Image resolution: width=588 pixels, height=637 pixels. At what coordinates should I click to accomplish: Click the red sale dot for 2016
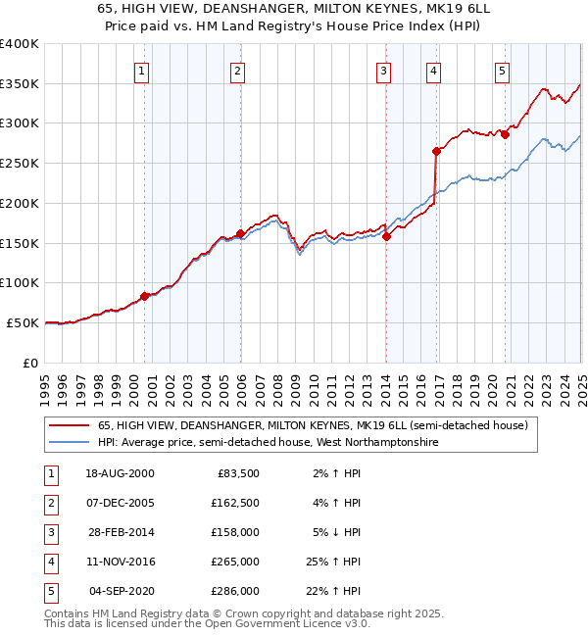coord(435,151)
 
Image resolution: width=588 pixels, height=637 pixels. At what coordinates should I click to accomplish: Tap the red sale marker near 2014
coord(386,236)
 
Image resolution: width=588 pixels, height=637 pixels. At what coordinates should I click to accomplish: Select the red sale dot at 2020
coord(505,135)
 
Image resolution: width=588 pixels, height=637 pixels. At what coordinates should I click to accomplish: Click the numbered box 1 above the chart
coord(143,71)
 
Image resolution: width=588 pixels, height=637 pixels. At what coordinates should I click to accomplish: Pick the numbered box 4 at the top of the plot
coord(432,71)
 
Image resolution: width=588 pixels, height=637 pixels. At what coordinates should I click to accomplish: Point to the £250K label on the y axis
coord(20,163)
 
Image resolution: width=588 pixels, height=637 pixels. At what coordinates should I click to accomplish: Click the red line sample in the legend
coord(70,425)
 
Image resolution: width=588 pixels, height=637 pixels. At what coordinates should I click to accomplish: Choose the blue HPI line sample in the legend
coord(70,443)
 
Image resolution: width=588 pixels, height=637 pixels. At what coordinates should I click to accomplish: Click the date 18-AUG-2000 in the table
coord(120,473)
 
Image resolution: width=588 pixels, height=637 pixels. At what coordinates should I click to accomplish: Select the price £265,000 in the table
coord(235,562)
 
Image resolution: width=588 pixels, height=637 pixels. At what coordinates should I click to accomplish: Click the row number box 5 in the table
coord(51,591)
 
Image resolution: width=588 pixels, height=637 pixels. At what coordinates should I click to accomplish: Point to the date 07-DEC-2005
coord(120,503)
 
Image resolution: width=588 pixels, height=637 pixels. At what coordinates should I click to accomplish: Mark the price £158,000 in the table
coord(235,532)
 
